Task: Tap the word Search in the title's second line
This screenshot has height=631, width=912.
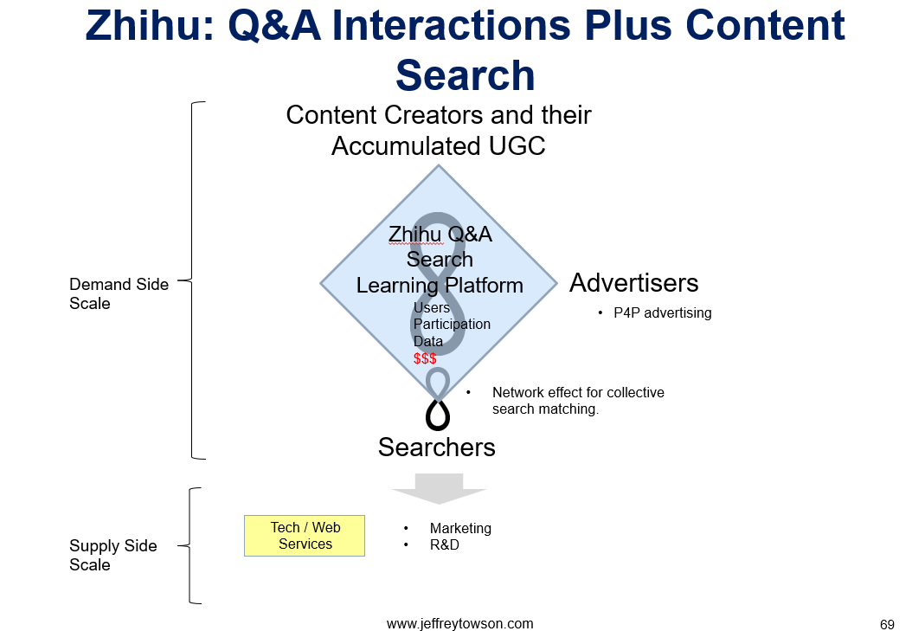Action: click(x=465, y=75)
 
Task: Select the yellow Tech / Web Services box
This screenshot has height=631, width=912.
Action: click(x=305, y=536)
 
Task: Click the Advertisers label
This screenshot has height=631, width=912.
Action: click(x=634, y=283)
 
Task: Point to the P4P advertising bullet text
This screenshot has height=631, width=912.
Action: click(x=663, y=312)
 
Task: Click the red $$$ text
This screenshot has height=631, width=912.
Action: click(x=425, y=359)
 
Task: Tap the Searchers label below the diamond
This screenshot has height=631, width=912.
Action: click(x=437, y=447)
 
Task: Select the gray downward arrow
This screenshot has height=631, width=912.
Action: click(x=439, y=488)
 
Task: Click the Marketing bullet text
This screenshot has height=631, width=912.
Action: click(x=460, y=528)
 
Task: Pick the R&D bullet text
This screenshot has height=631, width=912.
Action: click(x=445, y=545)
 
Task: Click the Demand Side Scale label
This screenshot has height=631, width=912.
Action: click(x=119, y=293)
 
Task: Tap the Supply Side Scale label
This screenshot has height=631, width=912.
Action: click(x=113, y=556)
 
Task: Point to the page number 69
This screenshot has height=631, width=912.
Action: click(x=887, y=625)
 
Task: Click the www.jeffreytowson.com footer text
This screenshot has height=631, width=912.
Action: click(x=459, y=624)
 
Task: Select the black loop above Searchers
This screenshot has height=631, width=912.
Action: click(x=438, y=414)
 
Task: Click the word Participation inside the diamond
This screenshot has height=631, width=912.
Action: click(x=452, y=324)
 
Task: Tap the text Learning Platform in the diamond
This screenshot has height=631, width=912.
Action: click(x=440, y=286)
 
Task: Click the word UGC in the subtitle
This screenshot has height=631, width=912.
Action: click(x=517, y=146)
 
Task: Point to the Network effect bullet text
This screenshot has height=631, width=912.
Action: click(x=578, y=401)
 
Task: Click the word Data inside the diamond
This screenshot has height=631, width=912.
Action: click(x=428, y=341)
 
